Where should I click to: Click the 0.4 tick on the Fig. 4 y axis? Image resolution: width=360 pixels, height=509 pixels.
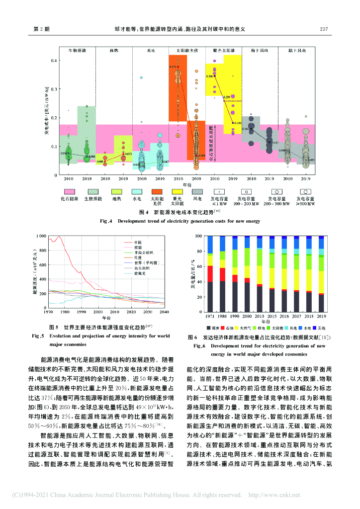coord(54,61)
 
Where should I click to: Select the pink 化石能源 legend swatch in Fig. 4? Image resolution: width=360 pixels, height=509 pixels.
coord(69,191)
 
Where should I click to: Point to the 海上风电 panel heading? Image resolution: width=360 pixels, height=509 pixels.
coord(259,51)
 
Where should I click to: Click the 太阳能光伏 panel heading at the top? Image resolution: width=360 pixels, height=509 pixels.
coord(187,51)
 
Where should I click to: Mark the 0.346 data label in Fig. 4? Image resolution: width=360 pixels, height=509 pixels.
coord(209,77)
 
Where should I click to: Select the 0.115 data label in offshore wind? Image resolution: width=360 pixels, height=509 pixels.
coord(274,143)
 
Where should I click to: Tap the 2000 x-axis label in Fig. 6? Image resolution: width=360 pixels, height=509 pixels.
coord(247,316)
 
